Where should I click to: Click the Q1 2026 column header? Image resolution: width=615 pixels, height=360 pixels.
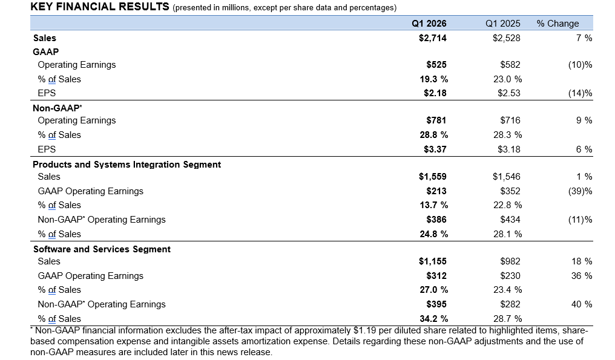coord(429,24)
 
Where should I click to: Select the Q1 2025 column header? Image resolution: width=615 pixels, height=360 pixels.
coord(503,24)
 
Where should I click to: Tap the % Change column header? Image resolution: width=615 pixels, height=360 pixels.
coord(557,24)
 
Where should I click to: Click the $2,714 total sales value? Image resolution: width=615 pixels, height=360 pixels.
coord(433,38)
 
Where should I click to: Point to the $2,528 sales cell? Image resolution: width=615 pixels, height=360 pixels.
coord(507,38)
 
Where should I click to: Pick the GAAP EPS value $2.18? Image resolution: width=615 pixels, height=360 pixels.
coord(435,93)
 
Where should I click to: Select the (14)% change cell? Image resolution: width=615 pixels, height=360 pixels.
coord(580,93)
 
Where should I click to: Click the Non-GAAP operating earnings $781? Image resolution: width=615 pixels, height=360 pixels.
coord(436,120)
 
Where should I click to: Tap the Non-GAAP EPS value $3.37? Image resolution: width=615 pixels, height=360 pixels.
coord(435,149)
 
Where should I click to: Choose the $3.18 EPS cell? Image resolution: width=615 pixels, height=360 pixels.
coord(509,149)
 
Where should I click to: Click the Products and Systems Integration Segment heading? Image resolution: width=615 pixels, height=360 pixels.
coord(127,165)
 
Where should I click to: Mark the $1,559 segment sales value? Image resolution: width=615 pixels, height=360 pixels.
coord(433,177)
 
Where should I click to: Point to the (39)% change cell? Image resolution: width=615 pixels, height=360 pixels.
coord(580,191)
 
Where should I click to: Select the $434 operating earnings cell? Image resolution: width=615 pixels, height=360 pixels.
coord(510,220)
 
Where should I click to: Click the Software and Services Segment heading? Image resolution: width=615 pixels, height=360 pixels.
coord(102,249)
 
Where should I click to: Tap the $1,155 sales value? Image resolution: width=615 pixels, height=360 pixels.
coord(433,261)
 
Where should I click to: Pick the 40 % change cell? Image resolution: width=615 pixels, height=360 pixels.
coord(582,304)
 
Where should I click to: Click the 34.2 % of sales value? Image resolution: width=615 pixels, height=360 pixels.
coord(434,319)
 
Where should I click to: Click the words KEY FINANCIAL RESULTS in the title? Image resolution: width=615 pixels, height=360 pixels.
coord(100,7)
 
